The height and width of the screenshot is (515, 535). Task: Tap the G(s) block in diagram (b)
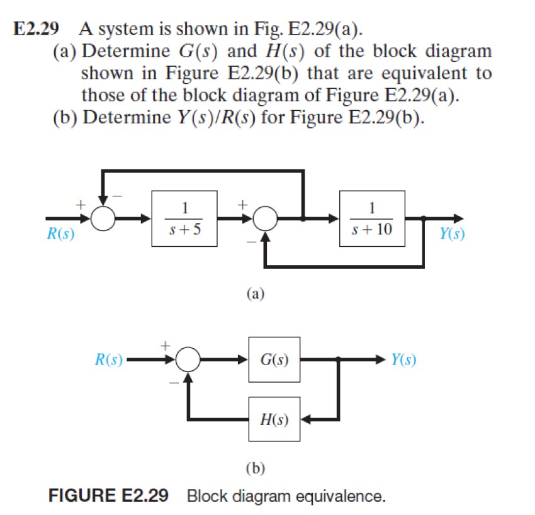[274, 360]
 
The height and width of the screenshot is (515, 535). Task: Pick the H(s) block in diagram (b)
[274, 419]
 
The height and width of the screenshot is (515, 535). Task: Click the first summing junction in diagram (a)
[103, 218]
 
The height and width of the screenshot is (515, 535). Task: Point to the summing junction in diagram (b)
[187, 360]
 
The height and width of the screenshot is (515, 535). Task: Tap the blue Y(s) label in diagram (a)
[452, 235]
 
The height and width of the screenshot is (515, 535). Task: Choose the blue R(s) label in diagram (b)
[108, 360]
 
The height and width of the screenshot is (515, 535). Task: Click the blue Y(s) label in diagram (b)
[403, 360]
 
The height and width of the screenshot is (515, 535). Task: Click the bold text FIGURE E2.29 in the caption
[109, 496]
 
